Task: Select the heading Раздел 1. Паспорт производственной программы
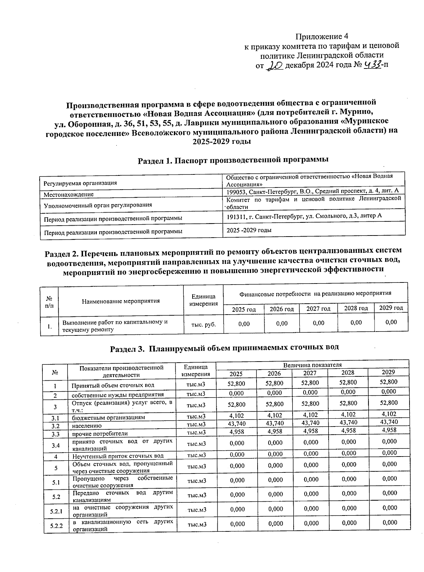pyautogui.click(x=233, y=160)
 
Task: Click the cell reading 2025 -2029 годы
pyautogui.click(x=249, y=230)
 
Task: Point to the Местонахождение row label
pyautogui.click(x=69, y=195)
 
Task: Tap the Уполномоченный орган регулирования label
pyautogui.click(x=98, y=205)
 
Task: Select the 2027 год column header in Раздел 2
pyautogui.click(x=318, y=309)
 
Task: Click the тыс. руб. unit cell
pyautogui.click(x=204, y=324)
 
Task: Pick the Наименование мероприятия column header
pyautogui.click(x=121, y=301)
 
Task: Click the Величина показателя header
pyautogui.click(x=312, y=365)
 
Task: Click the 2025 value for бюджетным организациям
pyautogui.click(x=237, y=416)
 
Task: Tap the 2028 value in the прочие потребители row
pyautogui.click(x=349, y=430)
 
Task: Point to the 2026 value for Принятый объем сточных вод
pyautogui.click(x=275, y=383)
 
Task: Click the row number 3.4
pyautogui.click(x=55, y=446)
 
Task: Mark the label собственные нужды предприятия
pyautogui.click(x=118, y=395)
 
